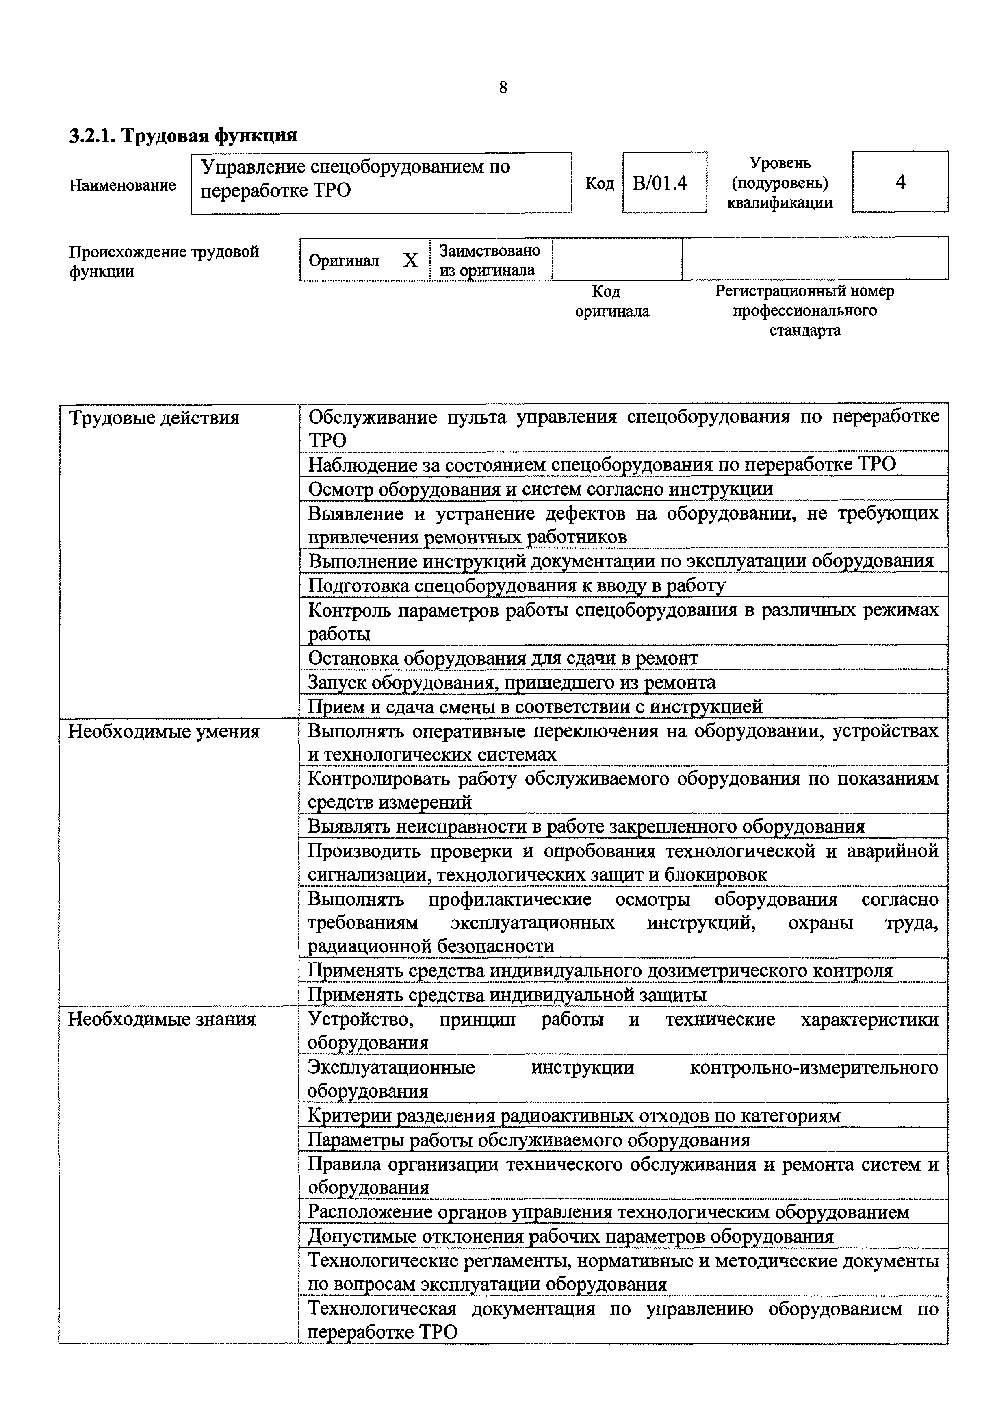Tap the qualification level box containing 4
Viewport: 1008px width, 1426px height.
tap(900, 182)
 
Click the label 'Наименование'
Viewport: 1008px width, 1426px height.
tap(122, 185)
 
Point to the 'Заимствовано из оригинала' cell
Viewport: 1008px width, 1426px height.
tap(489, 260)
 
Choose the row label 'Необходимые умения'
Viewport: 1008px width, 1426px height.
tap(164, 732)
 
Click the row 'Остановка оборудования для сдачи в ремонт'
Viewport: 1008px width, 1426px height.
tap(503, 658)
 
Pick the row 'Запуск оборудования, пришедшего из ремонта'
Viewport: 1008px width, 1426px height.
tap(512, 683)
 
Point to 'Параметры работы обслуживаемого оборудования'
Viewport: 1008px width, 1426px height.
tap(529, 1140)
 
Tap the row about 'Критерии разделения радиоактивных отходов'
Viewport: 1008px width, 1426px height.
tap(574, 1115)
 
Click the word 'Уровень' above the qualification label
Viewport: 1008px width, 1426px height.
tap(780, 163)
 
